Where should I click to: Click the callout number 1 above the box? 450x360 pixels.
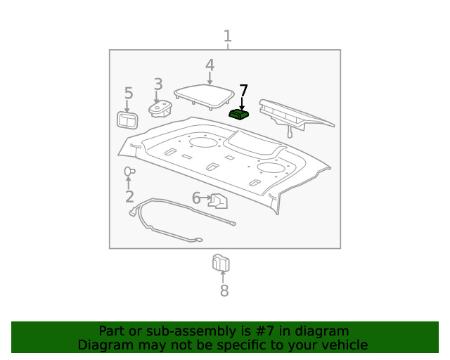point(227,36)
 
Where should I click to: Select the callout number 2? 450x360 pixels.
point(129,197)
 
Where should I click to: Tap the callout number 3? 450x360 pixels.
point(158,85)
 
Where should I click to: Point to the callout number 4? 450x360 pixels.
point(210,65)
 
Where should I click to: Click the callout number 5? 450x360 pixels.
point(128,94)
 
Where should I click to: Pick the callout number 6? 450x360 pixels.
point(196,198)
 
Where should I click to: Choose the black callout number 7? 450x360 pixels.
point(243,90)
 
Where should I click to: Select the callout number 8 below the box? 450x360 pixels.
point(224,290)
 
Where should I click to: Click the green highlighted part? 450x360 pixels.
point(240,114)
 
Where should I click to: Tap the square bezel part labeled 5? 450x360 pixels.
point(128,120)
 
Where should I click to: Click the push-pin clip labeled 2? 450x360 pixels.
point(129,171)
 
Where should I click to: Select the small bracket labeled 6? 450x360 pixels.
point(218,202)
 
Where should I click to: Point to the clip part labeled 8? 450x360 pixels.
point(221,263)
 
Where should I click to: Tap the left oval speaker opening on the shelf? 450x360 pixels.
point(204,143)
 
